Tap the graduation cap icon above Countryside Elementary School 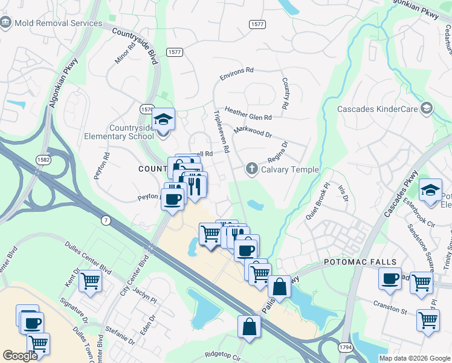[x=163, y=119]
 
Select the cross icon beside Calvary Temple [x=252, y=169]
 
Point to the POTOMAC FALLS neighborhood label [x=360, y=262]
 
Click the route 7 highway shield [x=106, y=221]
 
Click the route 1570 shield [x=146, y=109]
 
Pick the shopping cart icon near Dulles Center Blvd [x=90, y=280]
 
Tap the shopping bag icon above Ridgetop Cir [x=249, y=327]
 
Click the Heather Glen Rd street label [x=248, y=113]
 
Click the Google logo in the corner [x=20, y=356]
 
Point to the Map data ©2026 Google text [x=414, y=358]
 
